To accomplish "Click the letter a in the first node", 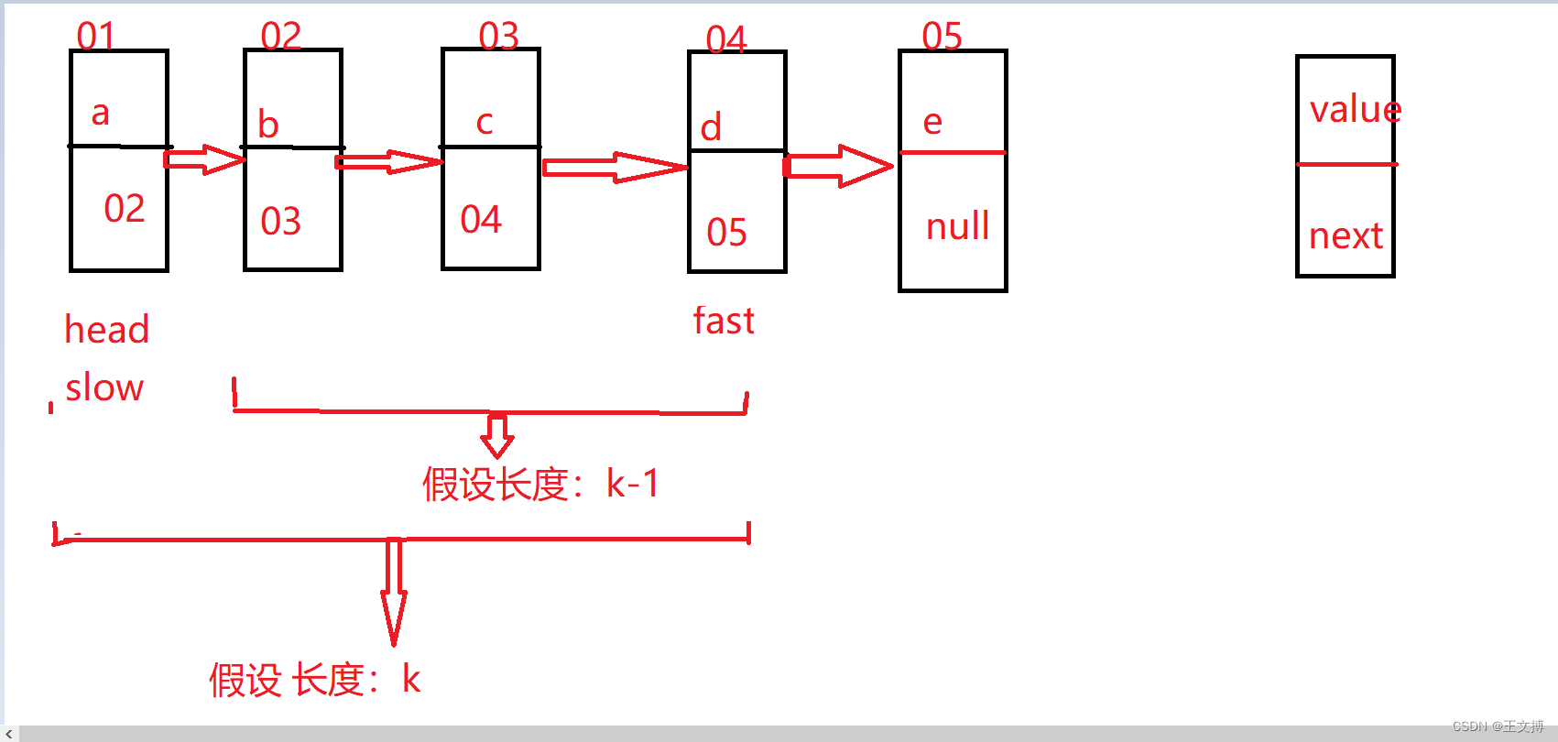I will point(101,114).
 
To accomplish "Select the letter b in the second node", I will point(267,125).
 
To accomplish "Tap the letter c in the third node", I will point(485,122).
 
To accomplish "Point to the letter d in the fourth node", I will point(711,127).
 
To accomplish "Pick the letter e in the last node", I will point(932,121).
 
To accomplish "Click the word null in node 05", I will point(957,226).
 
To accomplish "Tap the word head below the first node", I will point(106,330).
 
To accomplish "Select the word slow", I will point(104,387).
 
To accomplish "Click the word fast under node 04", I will point(724,322).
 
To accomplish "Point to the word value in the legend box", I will point(1355,110).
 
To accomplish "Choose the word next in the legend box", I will point(1346,236).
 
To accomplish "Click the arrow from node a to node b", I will point(204,159).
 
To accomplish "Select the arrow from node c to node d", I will point(614,168).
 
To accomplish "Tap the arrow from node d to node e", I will point(838,166).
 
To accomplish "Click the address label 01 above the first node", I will point(95,37).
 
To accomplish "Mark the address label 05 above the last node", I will point(942,37).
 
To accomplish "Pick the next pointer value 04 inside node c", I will point(481,220).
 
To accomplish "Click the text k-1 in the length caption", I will point(632,484).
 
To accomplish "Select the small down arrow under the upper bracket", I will point(497,436).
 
